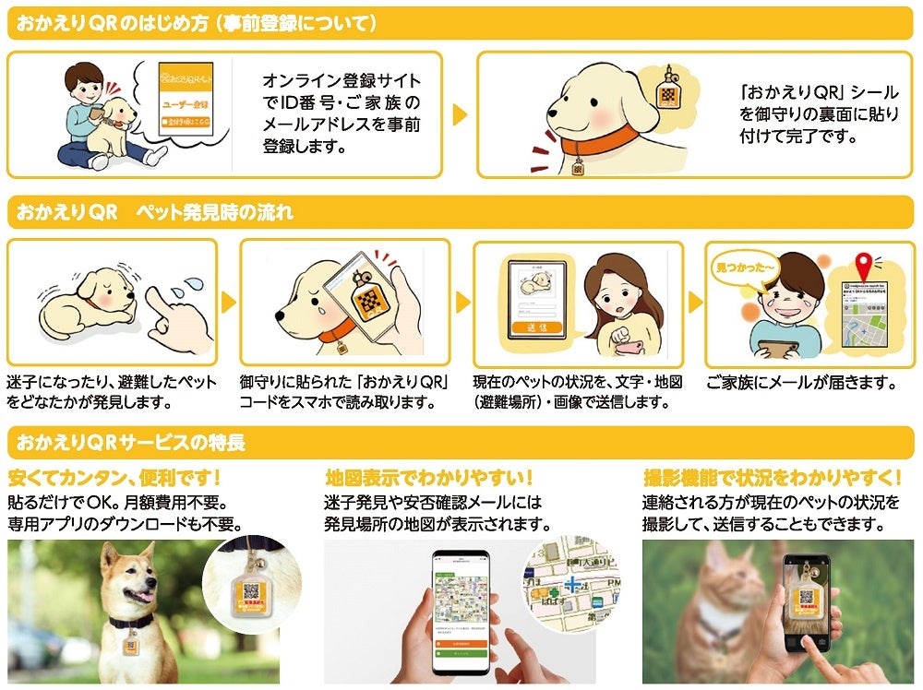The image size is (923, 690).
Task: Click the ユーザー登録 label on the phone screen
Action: coord(186,118)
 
